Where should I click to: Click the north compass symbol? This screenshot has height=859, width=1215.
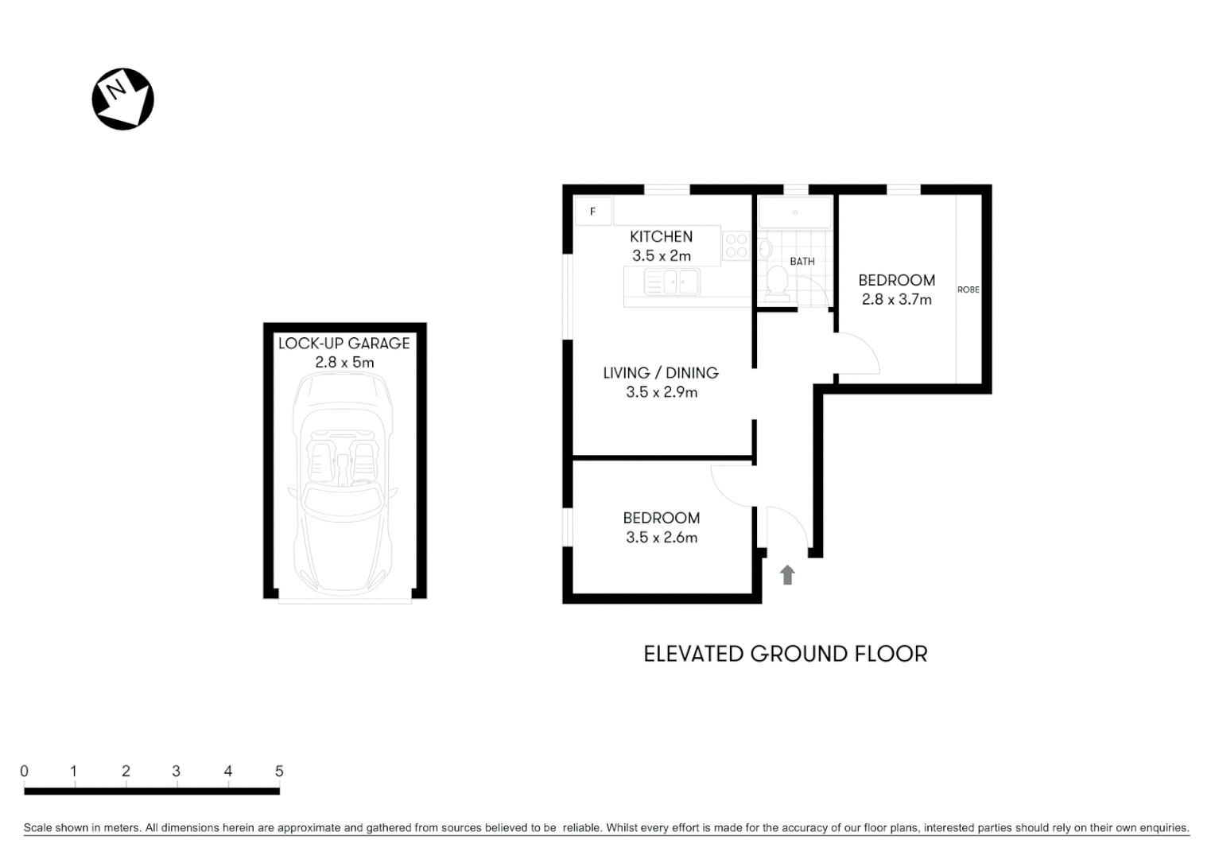(x=122, y=99)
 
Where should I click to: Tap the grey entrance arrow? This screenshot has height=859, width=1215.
(x=787, y=574)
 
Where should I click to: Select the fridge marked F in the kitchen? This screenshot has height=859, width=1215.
(x=593, y=212)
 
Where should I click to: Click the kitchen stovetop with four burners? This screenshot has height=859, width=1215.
(x=736, y=245)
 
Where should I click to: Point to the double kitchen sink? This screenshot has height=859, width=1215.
(x=672, y=282)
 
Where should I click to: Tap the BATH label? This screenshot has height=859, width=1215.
(x=802, y=261)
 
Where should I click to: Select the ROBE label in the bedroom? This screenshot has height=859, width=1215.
(x=968, y=290)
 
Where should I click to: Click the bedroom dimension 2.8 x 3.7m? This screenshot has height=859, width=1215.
(x=896, y=300)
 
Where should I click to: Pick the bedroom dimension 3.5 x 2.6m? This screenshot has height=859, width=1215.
(x=661, y=538)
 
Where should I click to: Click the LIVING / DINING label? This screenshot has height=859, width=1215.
(x=660, y=372)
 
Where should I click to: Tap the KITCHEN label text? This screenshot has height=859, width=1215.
(x=661, y=236)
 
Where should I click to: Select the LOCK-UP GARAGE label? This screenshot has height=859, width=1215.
(x=344, y=344)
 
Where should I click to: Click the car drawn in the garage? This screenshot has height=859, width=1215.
(x=344, y=485)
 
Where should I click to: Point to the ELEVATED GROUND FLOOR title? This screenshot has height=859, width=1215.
(x=785, y=654)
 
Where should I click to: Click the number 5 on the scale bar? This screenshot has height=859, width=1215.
(x=279, y=771)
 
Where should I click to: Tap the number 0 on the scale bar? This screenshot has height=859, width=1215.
(x=25, y=771)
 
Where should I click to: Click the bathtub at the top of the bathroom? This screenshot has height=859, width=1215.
(x=794, y=213)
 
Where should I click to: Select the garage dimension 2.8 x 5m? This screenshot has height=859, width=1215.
(x=344, y=363)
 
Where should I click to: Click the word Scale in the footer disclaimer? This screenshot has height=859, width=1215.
(x=37, y=828)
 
